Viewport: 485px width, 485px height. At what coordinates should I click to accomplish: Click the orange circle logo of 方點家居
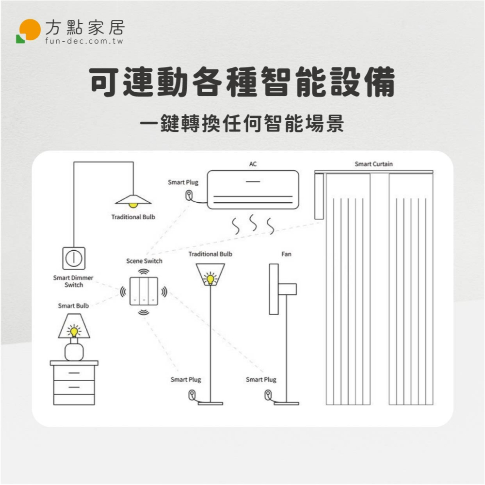point(30,30)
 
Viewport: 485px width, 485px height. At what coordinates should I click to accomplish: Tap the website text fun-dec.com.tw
point(84,41)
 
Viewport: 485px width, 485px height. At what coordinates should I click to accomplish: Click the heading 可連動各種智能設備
point(242,82)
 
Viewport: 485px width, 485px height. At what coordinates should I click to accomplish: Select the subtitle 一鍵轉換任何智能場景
point(242,123)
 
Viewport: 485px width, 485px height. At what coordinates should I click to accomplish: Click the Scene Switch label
point(144,261)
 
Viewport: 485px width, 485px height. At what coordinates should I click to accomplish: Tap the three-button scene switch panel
point(144,291)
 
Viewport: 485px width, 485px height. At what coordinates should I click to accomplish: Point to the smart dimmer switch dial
point(74,258)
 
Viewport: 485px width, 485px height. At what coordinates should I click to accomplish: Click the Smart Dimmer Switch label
point(73,281)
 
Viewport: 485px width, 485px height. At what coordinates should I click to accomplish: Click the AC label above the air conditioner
point(253,164)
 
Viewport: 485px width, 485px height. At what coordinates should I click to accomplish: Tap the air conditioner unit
point(253,190)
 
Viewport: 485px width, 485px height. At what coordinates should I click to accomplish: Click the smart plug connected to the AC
point(189,195)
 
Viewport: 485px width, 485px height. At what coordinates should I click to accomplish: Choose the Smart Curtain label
point(373,164)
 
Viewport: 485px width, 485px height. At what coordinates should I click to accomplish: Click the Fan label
point(286,254)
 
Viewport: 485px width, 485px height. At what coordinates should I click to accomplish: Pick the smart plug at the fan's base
point(268,395)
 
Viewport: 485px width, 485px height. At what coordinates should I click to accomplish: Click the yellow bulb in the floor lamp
point(210,279)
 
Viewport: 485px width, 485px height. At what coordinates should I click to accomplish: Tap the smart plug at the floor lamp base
point(192,395)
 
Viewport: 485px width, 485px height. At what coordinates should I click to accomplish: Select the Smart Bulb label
point(73,306)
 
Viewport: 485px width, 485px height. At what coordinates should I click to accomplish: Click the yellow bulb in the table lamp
point(74,332)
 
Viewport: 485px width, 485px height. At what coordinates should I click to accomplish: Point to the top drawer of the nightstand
point(74,373)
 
